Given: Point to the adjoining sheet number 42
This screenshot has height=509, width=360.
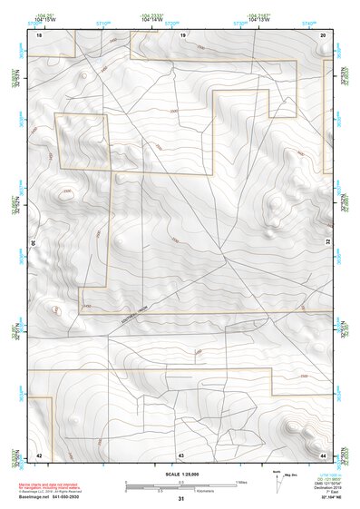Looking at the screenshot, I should coord(39,454).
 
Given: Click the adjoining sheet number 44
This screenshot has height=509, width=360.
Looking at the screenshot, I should coord(324,454).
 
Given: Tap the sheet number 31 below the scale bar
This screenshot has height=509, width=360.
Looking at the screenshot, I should coord(181,499).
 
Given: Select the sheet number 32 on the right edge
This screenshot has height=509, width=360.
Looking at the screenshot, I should coord(327,243).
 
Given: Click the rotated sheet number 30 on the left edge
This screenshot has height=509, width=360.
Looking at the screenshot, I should coord(35,243).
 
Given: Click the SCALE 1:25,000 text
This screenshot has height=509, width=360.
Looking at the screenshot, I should coord(181,474).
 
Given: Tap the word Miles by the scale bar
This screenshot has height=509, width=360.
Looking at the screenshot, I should coord(241,481).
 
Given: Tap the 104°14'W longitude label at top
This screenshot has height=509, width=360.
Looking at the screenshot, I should coord(157,19).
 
